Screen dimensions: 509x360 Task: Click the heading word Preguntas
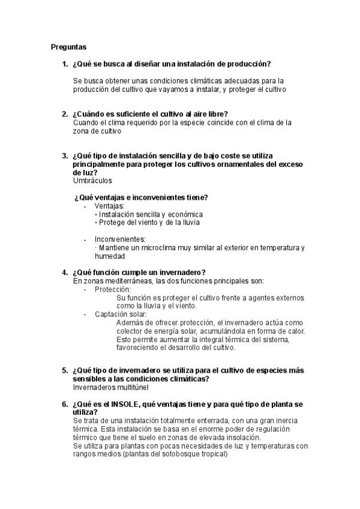click(68, 46)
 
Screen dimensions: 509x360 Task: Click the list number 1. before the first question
click(65, 64)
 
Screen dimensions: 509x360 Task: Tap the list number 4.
click(65, 272)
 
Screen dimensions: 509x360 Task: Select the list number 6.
click(65, 405)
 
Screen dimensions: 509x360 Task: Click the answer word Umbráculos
click(92, 180)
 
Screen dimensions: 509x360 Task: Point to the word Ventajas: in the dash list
click(110, 206)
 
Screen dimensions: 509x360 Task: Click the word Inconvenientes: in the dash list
click(120, 239)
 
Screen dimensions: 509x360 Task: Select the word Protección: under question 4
click(112, 289)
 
